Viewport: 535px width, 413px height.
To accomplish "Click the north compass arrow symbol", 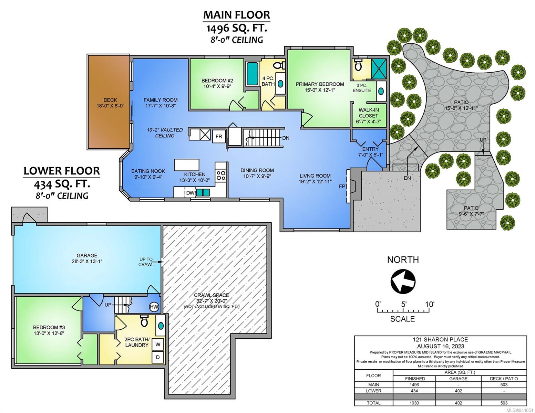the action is pyautogui.click(x=403, y=282).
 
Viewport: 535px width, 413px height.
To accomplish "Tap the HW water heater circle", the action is pyautogui.click(x=154, y=307).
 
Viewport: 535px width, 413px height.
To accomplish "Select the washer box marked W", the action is pyautogui.click(x=158, y=345).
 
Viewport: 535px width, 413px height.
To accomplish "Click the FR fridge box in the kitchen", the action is pyautogui.click(x=219, y=136).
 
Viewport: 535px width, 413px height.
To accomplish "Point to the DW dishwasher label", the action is pyautogui.click(x=190, y=193).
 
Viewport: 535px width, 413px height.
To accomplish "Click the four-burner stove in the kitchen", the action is pyautogui.click(x=220, y=176).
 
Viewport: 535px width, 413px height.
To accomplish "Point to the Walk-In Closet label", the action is pyautogui.click(x=368, y=116).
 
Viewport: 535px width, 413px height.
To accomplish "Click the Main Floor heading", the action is pyautogui.click(x=237, y=15).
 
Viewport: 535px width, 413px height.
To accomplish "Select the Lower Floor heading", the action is pyautogui.click(x=62, y=171).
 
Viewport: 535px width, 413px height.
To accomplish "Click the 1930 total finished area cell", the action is pyautogui.click(x=415, y=403).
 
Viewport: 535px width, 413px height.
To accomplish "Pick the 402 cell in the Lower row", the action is pyautogui.click(x=458, y=391).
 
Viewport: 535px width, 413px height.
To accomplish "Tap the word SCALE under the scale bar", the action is pyautogui.click(x=402, y=319).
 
